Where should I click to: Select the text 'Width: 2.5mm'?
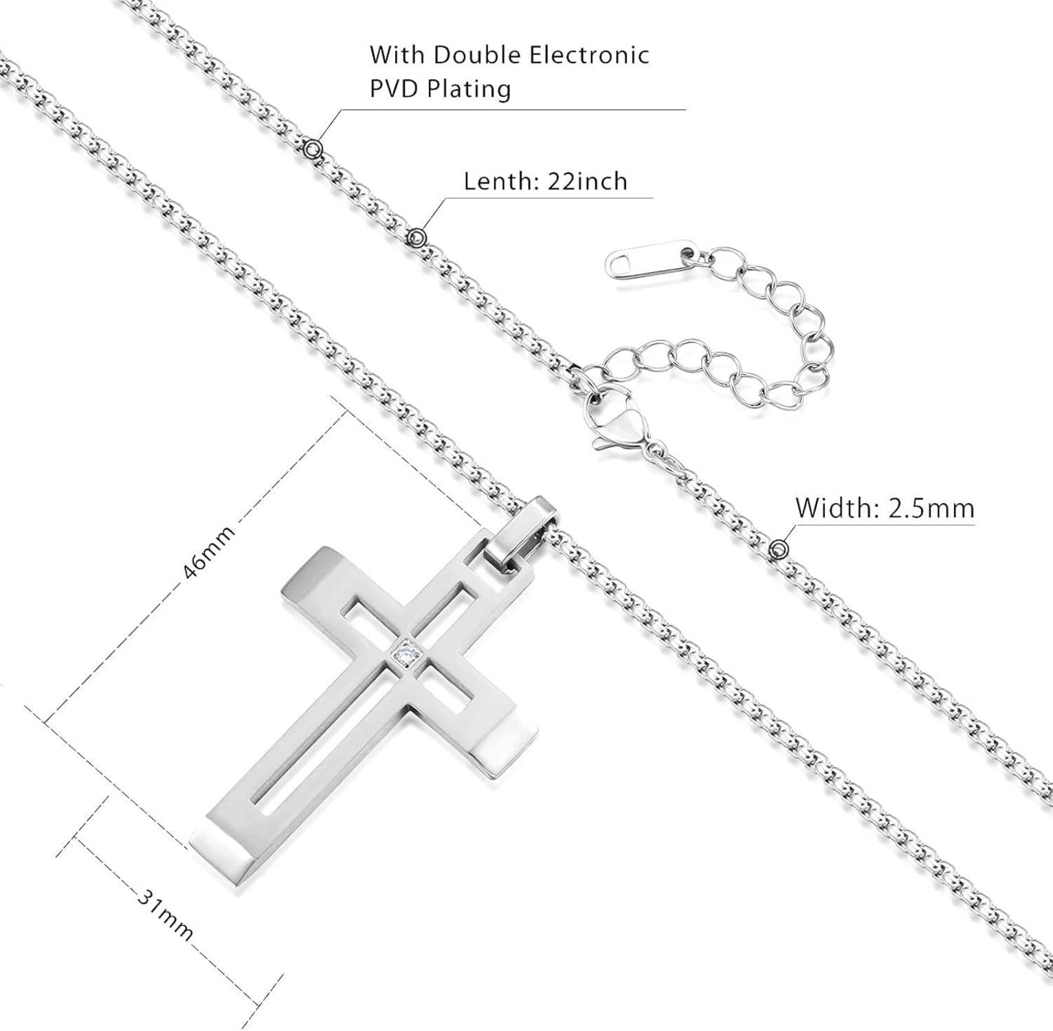tap(885, 509)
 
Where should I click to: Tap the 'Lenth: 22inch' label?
tap(545, 181)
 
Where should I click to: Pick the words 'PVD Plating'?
tap(441, 89)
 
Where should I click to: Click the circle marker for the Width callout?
tap(779, 549)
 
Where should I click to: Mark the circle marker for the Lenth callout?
tap(417, 238)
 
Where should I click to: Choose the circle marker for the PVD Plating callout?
tap(313, 148)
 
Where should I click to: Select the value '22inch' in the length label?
tap(588, 181)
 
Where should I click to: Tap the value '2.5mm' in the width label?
tap(931, 509)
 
